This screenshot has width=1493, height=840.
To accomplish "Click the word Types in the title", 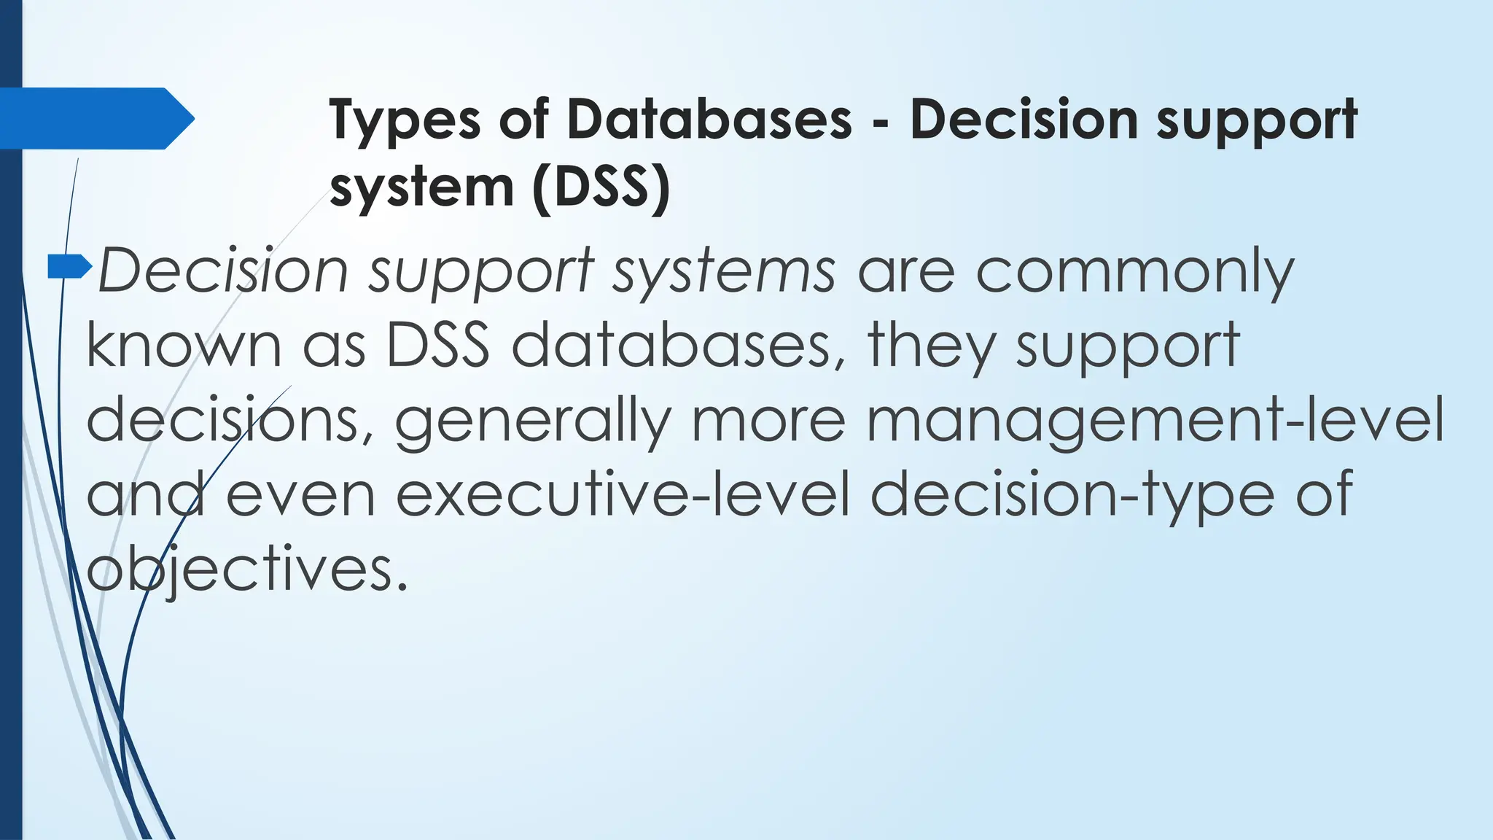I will pyautogui.click(x=405, y=121).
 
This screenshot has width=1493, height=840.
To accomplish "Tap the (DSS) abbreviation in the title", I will pyautogui.click(x=601, y=188).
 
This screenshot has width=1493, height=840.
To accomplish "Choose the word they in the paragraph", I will pyautogui.click(x=932, y=347).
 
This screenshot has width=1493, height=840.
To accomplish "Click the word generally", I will pyautogui.click(x=532, y=422).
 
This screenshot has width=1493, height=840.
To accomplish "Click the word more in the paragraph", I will pyautogui.click(x=768, y=422).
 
